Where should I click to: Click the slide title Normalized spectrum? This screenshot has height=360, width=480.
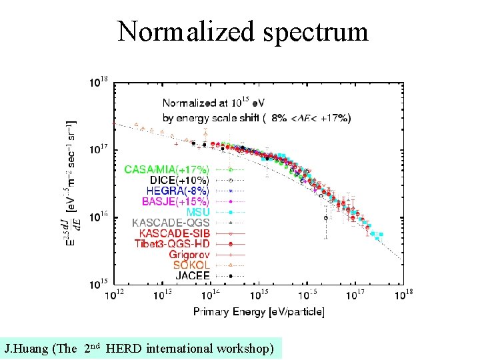pos(243,31)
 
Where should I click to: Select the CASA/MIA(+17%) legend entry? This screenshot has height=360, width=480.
pos(166,169)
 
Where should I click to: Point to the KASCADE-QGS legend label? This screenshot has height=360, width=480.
pos(171,223)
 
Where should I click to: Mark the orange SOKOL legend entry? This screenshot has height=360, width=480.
pos(191,265)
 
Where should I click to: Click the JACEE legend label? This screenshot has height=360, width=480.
pos(193,275)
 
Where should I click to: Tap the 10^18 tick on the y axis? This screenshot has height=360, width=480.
pos(99,82)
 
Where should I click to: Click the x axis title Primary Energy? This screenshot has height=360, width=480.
pos(259,311)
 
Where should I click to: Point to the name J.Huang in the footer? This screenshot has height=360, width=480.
pos(25,348)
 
